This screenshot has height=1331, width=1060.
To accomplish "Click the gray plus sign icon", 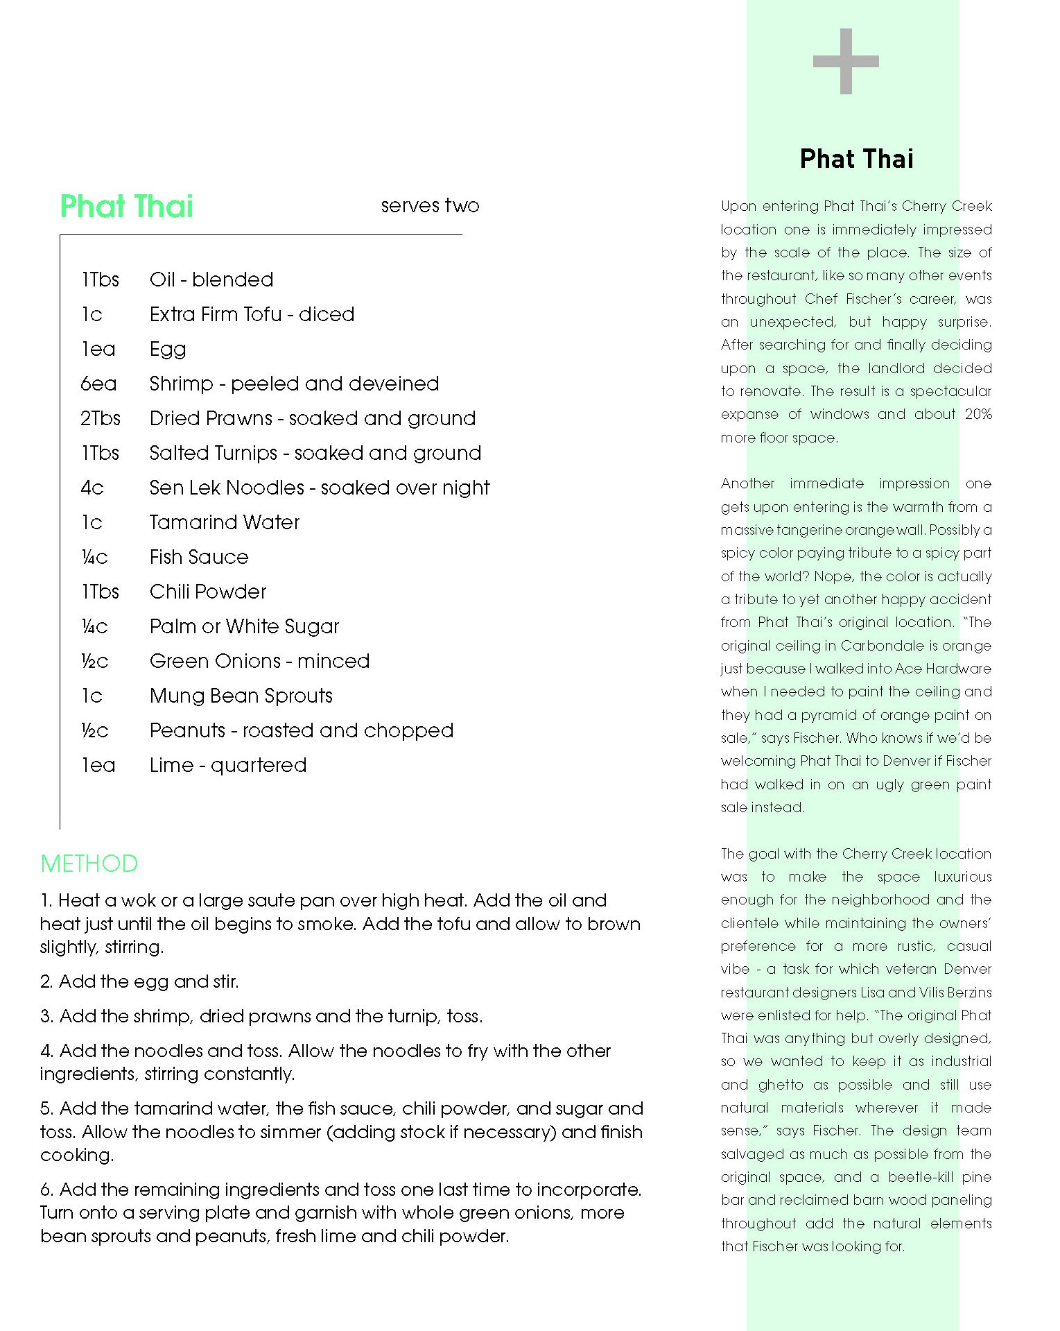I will pos(845,61).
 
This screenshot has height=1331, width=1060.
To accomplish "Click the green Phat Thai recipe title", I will pos(127,207).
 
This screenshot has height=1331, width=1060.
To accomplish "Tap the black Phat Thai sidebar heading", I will pos(856,159).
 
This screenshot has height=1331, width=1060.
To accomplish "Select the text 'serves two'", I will pos(430,205).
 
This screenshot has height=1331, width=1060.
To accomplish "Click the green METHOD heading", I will pos(89,864).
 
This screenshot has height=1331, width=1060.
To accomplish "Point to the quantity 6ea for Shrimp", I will pos(98,384).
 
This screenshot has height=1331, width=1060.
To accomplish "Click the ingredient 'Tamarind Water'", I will pos(225,522).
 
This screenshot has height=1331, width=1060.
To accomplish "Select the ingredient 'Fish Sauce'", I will pos(199,557).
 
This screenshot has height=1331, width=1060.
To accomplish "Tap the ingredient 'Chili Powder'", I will pos(208,592).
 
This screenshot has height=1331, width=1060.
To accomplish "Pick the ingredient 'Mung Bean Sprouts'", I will pos(241,696).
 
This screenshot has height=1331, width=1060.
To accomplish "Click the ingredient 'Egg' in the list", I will pos(168,350).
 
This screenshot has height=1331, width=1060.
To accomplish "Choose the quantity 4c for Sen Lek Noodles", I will pos(92,488).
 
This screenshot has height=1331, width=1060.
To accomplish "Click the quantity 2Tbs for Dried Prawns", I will pos(101,418).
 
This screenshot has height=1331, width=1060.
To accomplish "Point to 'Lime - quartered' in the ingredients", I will pos(228,765).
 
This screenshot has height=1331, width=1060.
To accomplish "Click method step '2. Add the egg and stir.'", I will pos(139,981).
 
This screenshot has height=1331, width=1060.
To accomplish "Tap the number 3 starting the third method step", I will pos(46,1016).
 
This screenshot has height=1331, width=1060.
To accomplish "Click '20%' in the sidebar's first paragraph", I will pos(978,414).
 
